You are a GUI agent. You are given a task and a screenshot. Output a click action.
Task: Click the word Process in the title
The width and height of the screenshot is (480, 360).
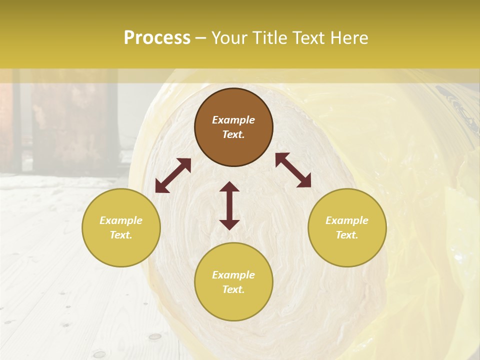click(157, 38)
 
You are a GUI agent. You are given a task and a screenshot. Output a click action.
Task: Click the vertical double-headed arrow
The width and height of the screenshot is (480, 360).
click(229, 205)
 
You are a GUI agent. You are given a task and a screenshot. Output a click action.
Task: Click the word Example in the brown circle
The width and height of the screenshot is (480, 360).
click(233, 120)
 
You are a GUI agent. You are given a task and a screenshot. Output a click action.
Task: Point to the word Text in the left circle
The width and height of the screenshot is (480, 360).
click(121, 235)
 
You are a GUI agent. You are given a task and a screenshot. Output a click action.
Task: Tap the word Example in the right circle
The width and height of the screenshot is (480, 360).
click(347, 220)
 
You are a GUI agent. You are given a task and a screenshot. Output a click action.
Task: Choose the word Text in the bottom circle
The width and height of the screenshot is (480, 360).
click(233, 289)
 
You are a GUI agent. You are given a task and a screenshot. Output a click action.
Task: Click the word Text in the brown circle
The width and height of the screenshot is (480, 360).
click(233, 134)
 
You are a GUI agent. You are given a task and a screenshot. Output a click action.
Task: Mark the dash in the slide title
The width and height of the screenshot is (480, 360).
click(201, 38)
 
